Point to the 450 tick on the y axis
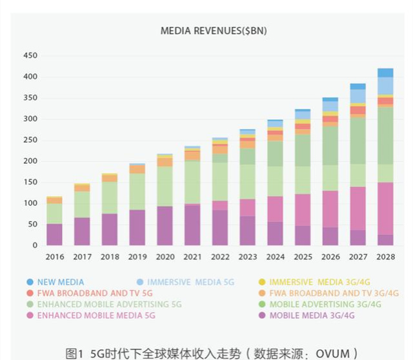pyautogui.click(x=30, y=55)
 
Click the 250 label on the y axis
pyautogui.click(x=30, y=140)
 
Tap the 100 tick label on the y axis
pyautogui.click(x=30, y=203)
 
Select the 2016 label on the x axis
pyautogui.click(x=54, y=256)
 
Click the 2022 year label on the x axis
pyautogui.click(x=221, y=256)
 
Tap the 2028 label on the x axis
pyautogui.click(x=385, y=256)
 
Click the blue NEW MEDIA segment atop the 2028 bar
pyautogui.click(x=385, y=73)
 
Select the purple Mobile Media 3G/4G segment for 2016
pyautogui.click(x=54, y=234)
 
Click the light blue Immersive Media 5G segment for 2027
pyautogui.click(x=358, y=96)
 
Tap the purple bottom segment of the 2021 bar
pyautogui.click(x=192, y=225)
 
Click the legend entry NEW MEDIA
pyautogui.click(x=60, y=282)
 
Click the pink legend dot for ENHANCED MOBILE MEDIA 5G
pyautogui.click(x=30, y=315)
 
